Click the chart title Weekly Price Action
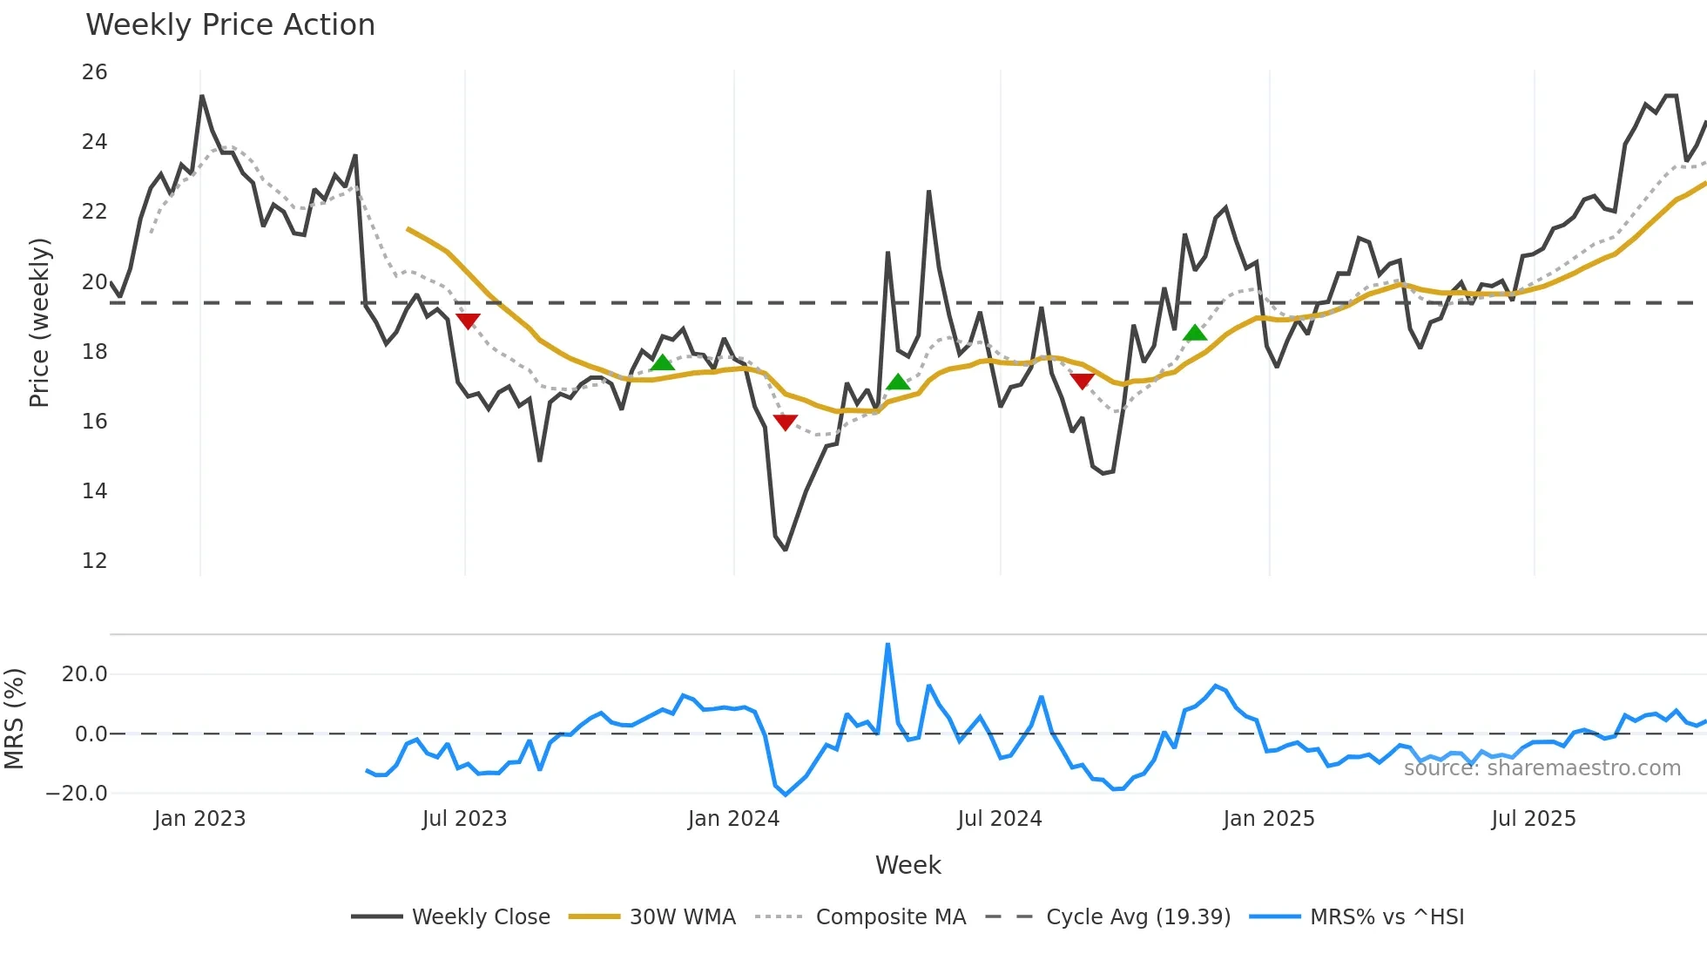230,25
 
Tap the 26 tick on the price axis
94,72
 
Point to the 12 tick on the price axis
94,561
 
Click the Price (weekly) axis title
39,322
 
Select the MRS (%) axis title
14,719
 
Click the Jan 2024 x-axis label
733,819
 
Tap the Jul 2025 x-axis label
1533,819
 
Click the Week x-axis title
907,865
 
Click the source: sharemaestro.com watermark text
1542,768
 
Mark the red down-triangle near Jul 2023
468,321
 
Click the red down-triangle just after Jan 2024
785,422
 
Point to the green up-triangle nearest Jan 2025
1195,333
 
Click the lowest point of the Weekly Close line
786,550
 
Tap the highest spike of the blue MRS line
887,645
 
